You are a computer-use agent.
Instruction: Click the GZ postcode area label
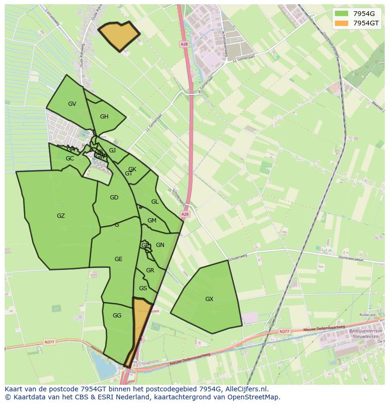click(61, 216)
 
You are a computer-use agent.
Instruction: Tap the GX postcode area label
click(209, 299)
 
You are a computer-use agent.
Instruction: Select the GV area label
click(72, 104)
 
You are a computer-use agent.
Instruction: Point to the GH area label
click(104, 117)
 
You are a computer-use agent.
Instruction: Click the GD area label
click(114, 198)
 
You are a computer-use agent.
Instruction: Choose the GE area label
click(118, 259)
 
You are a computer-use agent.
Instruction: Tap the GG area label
click(117, 316)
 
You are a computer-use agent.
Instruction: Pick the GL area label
click(155, 202)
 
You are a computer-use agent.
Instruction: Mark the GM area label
click(152, 221)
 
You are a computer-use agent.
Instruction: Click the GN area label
click(160, 245)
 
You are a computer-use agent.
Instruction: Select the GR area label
click(150, 270)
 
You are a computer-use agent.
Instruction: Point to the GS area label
click(143, 288)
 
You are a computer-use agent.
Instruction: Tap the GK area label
click(132, 169)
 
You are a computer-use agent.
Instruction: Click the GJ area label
click(112, 151)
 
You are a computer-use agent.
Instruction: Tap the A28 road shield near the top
click(184, 44)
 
